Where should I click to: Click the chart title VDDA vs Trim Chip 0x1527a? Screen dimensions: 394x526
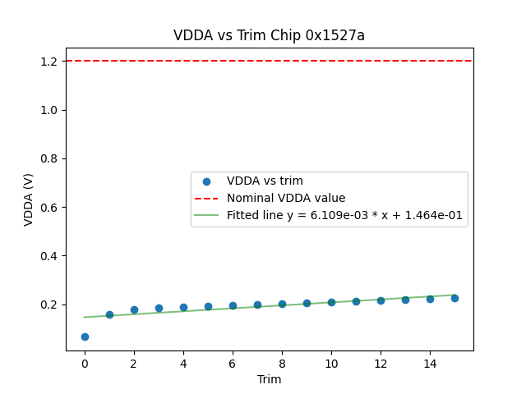(x=269, y=35)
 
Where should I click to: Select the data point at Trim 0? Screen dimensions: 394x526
(x=85, y=337)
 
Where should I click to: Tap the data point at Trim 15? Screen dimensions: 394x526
(x=454, y=298)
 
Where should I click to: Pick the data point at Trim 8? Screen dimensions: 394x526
(x=282, y=304)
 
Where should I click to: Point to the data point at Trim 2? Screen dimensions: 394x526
(x=134, y=309)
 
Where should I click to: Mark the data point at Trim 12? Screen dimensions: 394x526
(x=381, y=300)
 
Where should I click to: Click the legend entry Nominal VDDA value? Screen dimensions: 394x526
(x=286, y=198)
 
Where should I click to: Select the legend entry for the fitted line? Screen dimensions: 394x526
(x=344, y=216)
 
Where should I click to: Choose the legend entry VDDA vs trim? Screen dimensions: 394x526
(x=265, y=181)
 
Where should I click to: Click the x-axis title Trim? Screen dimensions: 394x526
(x=269, y=379)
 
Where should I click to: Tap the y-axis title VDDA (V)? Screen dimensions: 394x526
(x=29, y=199)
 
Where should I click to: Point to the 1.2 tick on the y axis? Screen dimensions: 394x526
(x=49, y=62)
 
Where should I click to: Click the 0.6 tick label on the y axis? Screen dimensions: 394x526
(x=49, y=208)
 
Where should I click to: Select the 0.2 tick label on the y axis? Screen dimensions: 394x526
(x=49, y=305)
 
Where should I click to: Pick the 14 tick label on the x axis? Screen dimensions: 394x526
(x=430, y=363)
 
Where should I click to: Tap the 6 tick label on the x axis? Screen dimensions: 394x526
(x=233, y=363)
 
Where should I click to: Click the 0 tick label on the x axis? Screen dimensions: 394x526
(x=85, y=363)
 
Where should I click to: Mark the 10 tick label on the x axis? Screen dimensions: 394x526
(x=331, y=363)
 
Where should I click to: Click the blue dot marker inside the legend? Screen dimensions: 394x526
(x=206, y=181)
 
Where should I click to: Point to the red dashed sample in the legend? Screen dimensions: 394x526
(x=206, y=198)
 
